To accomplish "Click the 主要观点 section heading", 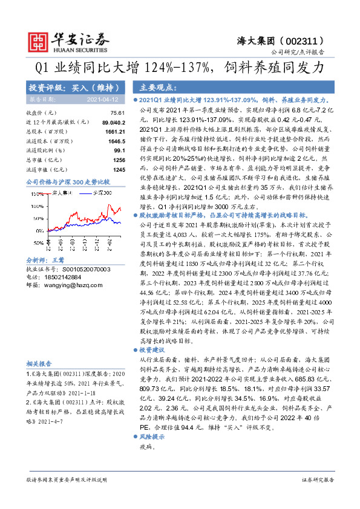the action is pos(148,87).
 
